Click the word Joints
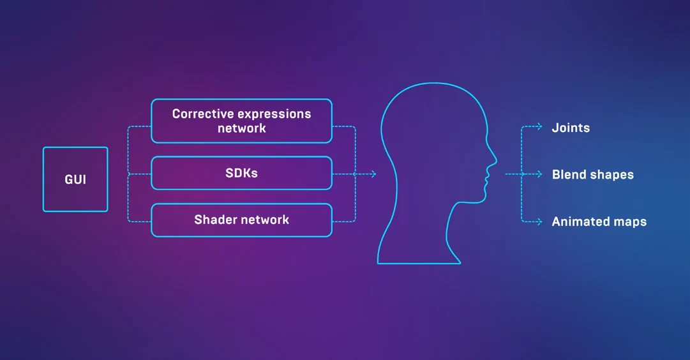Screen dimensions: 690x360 coord(571,128)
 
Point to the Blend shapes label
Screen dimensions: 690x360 coord(593,175)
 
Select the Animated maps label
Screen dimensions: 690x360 coord(599,221)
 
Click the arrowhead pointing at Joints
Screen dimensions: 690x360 coord(540,127)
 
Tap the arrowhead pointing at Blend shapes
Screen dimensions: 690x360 coord(540,174)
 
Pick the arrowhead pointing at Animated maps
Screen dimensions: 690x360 coord(540,222)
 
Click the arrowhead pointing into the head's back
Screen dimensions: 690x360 coord(374,174)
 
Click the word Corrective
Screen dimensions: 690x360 coord(203,114)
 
